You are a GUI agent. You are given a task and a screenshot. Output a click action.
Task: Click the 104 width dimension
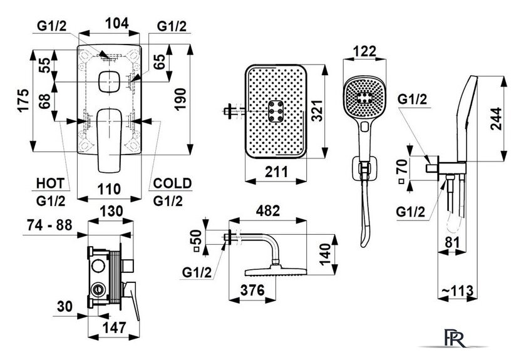[116, 24]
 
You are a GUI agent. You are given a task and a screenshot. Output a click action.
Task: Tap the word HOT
[50, 183]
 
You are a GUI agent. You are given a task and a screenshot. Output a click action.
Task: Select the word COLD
[172, 183]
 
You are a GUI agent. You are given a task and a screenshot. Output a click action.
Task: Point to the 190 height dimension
[181, 99]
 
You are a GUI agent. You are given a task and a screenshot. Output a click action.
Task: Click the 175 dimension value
[24, 100]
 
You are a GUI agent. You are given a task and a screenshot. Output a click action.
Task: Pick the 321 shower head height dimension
[316, 110]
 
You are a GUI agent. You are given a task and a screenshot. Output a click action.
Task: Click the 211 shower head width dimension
[276, 172]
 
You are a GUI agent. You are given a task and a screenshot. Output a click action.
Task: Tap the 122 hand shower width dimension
[365, 51]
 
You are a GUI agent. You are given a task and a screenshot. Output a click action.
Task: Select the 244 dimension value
[496, 118]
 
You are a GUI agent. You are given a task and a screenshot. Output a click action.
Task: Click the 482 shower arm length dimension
[268, 211]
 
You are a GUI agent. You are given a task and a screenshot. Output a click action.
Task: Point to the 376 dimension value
[252, 291]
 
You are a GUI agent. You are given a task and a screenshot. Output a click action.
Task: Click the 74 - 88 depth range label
[49, 225]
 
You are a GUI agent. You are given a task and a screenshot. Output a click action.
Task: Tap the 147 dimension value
[114, 328]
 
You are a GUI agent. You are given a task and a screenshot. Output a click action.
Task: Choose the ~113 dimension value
[457, 291]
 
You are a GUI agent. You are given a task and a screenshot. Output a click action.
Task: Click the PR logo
[455, 338]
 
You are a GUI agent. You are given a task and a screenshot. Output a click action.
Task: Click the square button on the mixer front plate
[110, 81]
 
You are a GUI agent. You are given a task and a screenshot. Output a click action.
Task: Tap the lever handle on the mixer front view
[110, 140]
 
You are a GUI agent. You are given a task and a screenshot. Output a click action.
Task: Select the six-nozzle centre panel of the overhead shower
[276, 111]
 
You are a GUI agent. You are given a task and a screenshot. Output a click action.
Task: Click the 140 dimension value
[325, 254]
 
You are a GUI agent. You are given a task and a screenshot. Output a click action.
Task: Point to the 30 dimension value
[64, 306]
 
